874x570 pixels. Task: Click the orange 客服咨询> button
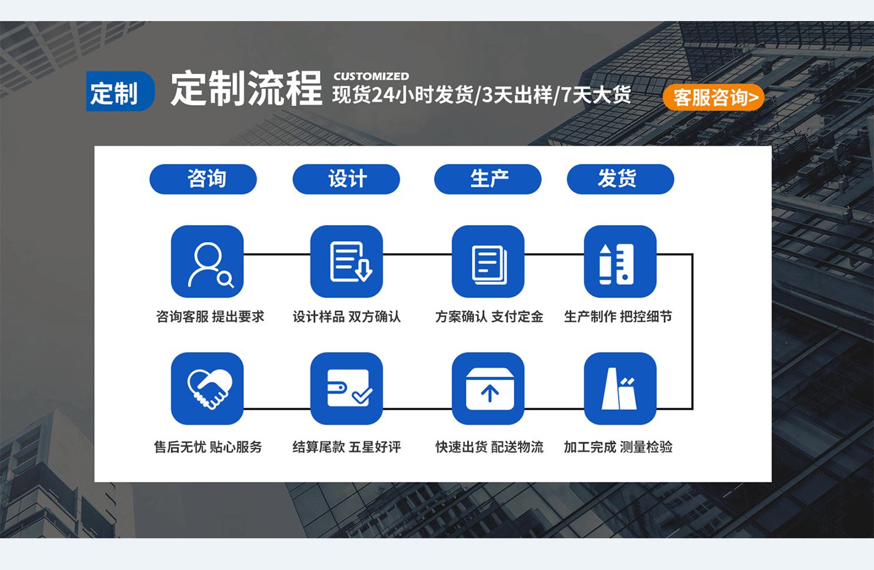[x=713, y=98]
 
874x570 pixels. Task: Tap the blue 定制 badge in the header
[x=120, y=91]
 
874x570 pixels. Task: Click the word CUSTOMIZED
[x=371, y=76]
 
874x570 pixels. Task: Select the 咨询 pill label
[x=203, y=179]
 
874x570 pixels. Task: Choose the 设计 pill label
[x=346, y=179]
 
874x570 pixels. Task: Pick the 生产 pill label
[x=488, y=179]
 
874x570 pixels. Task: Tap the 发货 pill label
[x=621, y=179]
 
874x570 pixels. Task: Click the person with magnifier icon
[x=207, y=261]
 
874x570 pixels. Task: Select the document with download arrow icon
[x=346, y=261]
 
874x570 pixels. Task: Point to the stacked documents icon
[x=488, y=261]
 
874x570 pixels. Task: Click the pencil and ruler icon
[x=621, y=261]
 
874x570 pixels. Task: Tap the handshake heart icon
[x=207, y=388]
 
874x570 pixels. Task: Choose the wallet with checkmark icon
[x=346, y=388]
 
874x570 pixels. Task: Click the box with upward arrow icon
[x=488, y=388]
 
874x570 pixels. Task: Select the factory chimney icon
[x=621, y=388]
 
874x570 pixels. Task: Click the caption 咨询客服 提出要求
[x=210, y=317]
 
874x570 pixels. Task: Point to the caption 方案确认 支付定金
[x=489, y=317]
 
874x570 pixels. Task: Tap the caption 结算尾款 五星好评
[x=346, y=447]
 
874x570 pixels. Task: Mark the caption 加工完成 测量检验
[x=618, y=447]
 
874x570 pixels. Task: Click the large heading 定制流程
[x=246, y=89]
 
